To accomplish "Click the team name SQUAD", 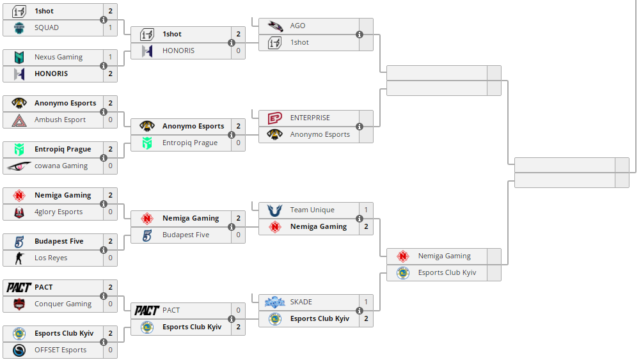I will (x=47, y=27).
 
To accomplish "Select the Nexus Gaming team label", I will (x=58, y=57).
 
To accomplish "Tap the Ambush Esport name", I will (x=60, y=120).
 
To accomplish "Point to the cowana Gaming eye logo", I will (x=19, y=166).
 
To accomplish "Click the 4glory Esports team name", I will (x=58, y=212).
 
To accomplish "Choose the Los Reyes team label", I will (x=51, y=258).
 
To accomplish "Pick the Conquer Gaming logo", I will (x=19, y=304).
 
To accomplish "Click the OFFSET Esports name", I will (x=60, y=350).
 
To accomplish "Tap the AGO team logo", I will (x=275, y=26).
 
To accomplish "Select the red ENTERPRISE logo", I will (x=275, y=118).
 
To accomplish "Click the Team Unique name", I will (x=312, y=210).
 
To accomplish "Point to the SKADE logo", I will (x=275, y=302).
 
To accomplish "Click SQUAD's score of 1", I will (x=110, y=27).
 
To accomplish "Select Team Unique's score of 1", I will (x=366, y=210).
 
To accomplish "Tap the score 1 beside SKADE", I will (x=366, y=302).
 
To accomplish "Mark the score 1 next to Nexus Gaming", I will (x=110, y=57).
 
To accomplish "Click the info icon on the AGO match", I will (x=360, y=35).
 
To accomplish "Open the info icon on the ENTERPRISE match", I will (x=360, y=127).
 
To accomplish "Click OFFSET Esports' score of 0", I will (x=110, y=350).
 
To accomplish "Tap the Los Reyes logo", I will (x=19, y=258).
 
